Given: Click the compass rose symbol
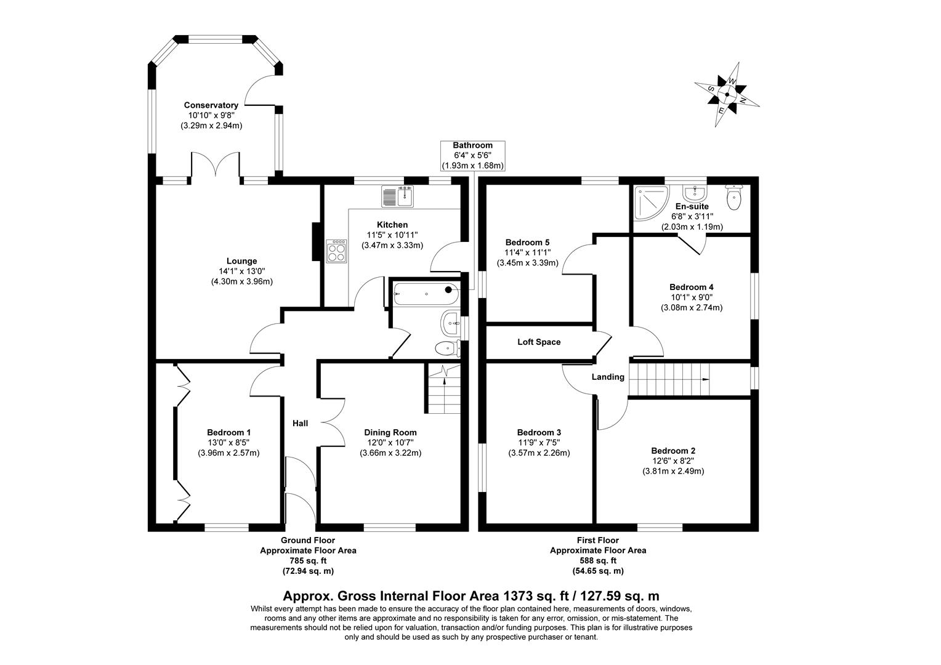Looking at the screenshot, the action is pos(727,95).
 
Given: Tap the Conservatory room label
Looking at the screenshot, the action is pos(211,105).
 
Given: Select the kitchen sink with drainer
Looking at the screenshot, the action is pos(398,196).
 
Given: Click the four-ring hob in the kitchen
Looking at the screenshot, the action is pos(337,249).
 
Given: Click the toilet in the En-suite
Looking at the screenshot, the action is pos(734,198).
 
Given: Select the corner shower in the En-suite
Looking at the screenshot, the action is pos(648,204).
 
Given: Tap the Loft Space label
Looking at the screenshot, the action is pos(539,342).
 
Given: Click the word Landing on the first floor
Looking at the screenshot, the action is pos(608,377).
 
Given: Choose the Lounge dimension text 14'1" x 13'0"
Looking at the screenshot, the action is pos(241,271).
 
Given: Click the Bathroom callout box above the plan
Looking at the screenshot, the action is pos(472,155).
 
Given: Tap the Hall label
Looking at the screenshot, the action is pos(300,423).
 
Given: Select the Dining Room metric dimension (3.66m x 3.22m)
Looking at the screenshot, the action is pos(390,453).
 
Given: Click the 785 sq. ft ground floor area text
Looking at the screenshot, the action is pos(308,560).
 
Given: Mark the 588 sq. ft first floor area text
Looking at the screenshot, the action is pos(597,560).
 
